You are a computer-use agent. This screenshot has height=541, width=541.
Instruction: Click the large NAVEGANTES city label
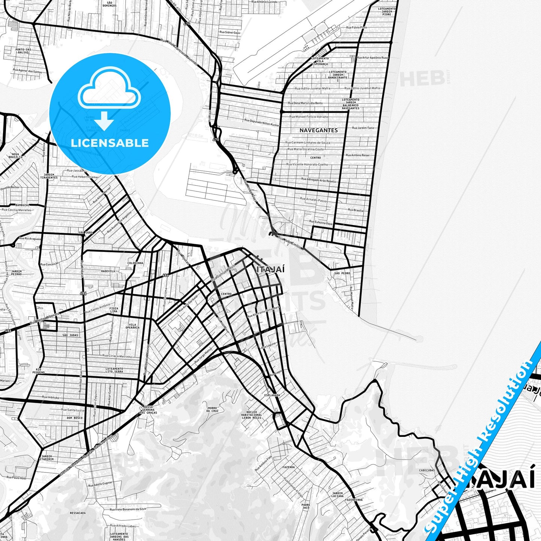318,130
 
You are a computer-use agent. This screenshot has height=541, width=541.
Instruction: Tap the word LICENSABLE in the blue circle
110,143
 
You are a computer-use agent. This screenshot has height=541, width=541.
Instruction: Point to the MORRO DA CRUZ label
212,409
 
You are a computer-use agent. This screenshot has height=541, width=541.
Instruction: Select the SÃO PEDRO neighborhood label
342,273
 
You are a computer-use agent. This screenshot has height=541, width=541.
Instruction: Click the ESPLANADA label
272,395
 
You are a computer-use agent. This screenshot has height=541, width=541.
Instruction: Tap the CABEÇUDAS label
427,470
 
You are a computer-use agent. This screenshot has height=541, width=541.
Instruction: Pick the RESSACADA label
77,513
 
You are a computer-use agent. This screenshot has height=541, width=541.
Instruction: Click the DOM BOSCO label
75,418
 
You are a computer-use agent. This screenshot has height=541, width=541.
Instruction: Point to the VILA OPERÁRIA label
133,326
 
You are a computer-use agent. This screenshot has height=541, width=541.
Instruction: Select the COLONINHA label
135,263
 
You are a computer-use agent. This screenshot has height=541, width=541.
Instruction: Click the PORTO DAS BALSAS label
23,51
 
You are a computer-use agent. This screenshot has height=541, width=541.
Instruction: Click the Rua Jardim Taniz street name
363,128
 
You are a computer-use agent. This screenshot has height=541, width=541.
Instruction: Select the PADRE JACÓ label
306,506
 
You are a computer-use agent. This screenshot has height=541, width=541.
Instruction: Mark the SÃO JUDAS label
70,335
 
